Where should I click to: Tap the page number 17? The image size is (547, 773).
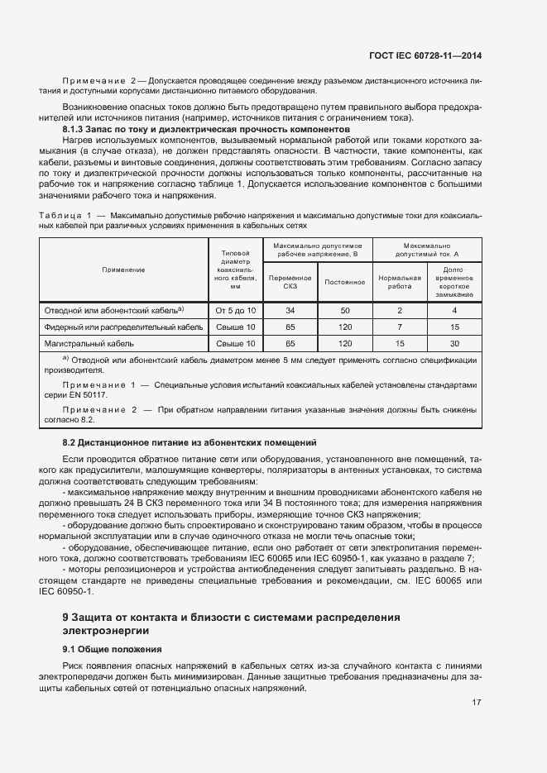coord(477,703)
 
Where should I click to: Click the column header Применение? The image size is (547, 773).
coord(124,270)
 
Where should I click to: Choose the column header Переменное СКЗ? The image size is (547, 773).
coord(290,282)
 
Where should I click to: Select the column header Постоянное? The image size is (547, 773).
coord(345,282)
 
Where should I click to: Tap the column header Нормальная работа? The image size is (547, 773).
coord(400,282)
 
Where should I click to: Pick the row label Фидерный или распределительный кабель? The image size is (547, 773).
coord(122,327)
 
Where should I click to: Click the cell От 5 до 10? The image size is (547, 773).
coord(235,310)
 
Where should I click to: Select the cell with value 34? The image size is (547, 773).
coord(290,310)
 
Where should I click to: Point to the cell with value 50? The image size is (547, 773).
coord(345,310)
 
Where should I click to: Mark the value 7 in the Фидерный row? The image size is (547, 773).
coord(400,327)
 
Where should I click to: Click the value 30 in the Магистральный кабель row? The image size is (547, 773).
coord(453,343)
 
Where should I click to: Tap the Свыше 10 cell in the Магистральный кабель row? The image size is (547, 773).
coord(235,343)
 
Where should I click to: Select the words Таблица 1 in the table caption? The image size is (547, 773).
coord(63,215)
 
